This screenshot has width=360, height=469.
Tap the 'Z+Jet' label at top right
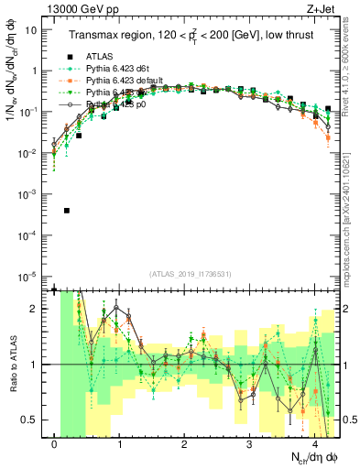321,10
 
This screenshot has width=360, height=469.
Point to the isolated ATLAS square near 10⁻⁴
67,211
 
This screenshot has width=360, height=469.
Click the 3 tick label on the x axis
249,444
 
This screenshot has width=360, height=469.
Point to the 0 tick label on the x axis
55,444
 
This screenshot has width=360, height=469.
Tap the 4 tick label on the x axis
314,444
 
